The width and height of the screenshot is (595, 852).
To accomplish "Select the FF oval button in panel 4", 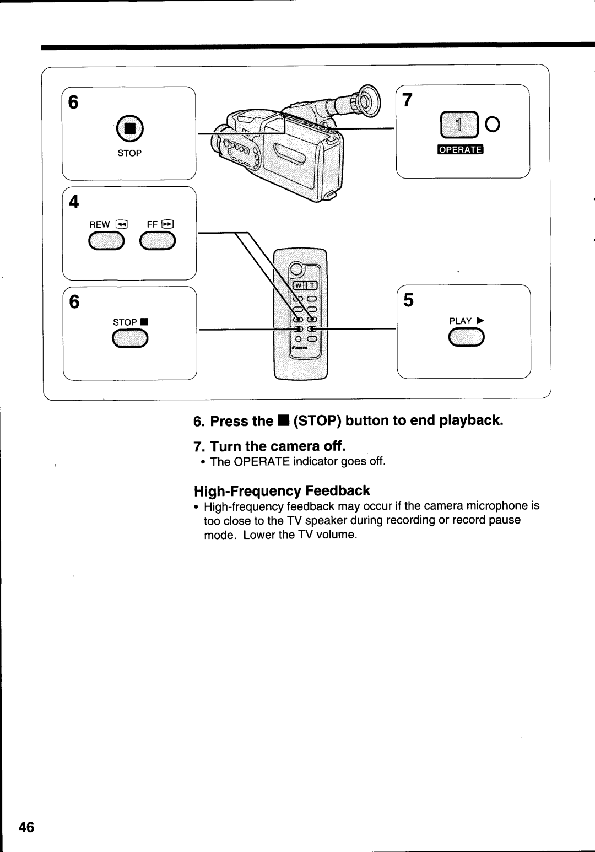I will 158,241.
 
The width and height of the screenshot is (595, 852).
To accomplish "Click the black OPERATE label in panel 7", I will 460,149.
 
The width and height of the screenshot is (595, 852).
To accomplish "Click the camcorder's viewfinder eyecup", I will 369,99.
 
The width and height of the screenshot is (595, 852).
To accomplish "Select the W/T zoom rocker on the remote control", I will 305,285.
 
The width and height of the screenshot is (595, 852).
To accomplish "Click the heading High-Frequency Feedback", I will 282,490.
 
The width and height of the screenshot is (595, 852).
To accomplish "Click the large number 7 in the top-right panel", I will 407,100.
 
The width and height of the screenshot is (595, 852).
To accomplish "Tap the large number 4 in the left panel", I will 74,202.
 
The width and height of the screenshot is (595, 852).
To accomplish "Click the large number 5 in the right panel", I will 408,300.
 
